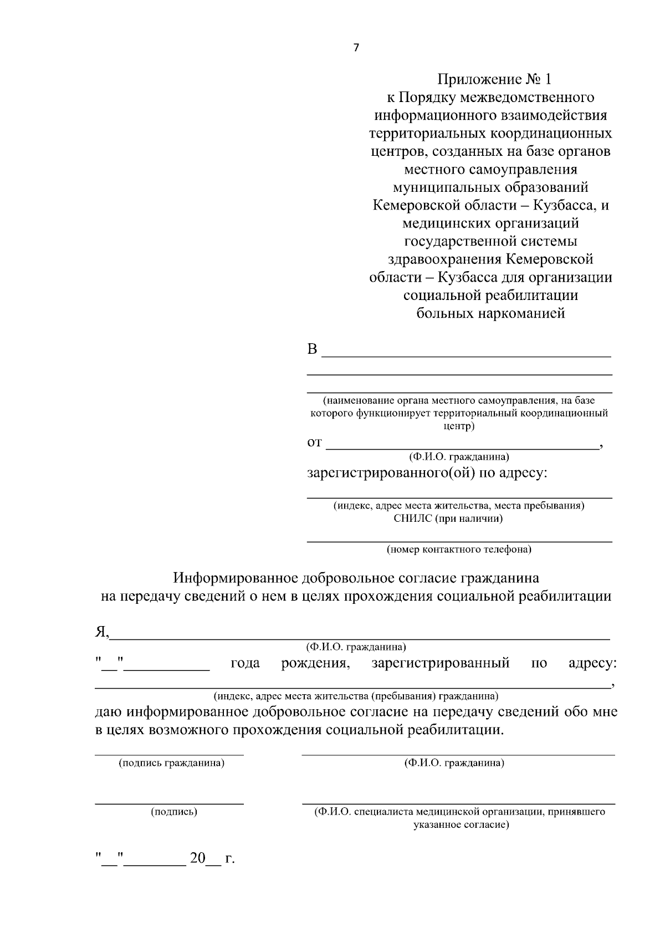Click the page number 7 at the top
click(x=356, y=48)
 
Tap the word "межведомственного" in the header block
click(x=529, y=98)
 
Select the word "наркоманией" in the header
click(x=520, y=314)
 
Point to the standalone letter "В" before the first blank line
click(x=313, y=349)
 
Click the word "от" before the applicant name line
click(x=314, y=442)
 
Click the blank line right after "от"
click(x=463, y=447)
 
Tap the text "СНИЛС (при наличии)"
click(x=448, y=518)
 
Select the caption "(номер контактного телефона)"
click(x=459, y=550)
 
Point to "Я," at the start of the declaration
click(x=101, y=632)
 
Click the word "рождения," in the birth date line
click(x=315, y=663)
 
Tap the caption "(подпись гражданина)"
click(x=171, y=763)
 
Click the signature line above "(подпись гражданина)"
click(x=169, y=755)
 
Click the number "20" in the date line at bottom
click(x=197, y=859)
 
